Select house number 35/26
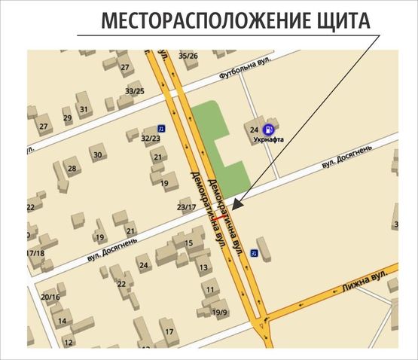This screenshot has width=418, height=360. point(188,56)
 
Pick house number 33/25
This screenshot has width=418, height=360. point(135,91)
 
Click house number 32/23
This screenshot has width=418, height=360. point(151,139)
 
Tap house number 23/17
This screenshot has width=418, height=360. point(185,206)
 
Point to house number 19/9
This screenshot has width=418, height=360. point(220,312)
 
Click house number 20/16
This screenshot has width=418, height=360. point(50,297)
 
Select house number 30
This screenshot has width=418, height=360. point(97,155)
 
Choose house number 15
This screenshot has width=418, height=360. point(189,243)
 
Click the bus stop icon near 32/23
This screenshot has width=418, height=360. point(160,129)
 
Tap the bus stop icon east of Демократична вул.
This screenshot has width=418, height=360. point(255,253)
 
